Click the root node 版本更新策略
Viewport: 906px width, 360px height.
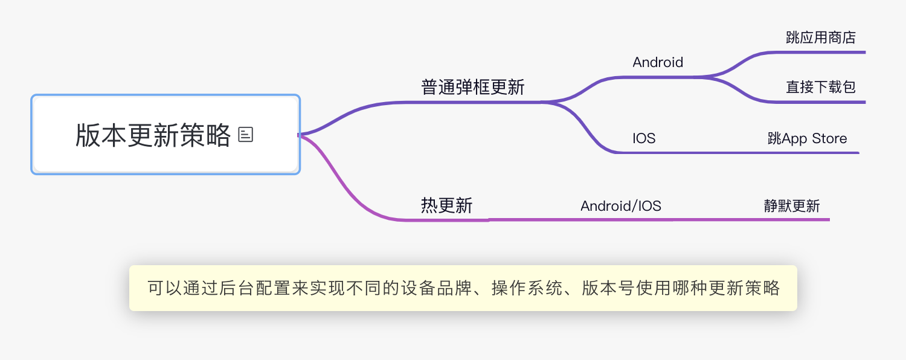click(153, 135)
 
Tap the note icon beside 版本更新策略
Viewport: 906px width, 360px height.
click(246, 135)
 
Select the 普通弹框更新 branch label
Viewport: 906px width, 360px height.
click(472, 88)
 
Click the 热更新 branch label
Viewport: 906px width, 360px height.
click(446, 206)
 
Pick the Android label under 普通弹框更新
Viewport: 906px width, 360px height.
click(658, 62)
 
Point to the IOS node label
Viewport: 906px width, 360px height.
click(644, 138)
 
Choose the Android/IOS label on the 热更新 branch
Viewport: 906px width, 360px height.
click(621, 206)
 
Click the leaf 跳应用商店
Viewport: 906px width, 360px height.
click(821, 37)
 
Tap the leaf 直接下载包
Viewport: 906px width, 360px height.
click(821, 87)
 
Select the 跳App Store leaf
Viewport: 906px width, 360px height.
click(807, 138)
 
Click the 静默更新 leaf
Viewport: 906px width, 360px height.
click(792, 206)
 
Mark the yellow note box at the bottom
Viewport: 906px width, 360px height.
click(463, 288)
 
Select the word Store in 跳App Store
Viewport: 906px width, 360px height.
click(829, 138)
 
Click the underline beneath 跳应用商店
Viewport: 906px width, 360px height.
click(821, 53)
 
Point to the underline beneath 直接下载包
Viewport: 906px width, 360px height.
click(821, 102)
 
